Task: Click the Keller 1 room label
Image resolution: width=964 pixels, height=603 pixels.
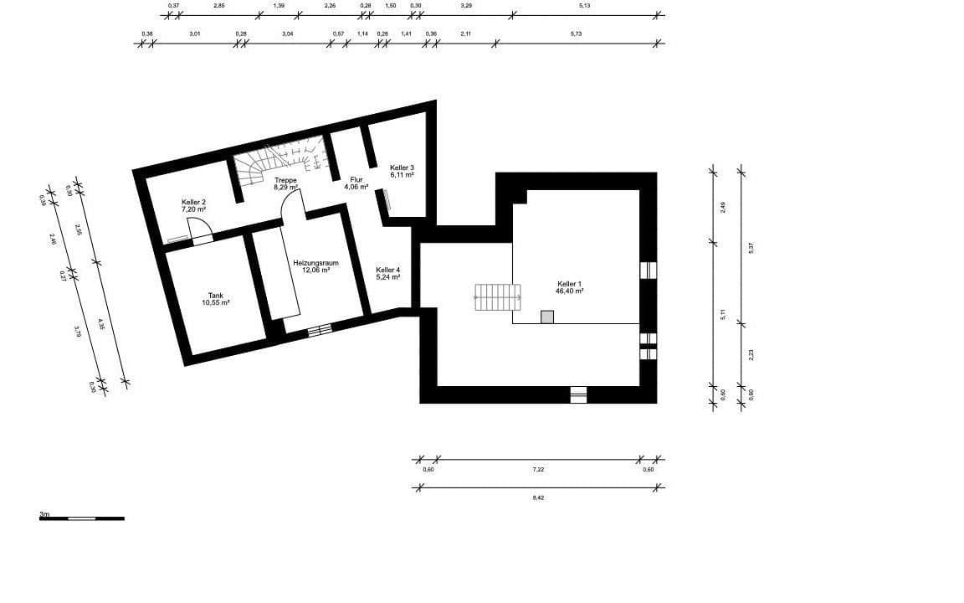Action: tap(570, 284)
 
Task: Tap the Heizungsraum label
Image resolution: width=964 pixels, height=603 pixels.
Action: tap(310, 262)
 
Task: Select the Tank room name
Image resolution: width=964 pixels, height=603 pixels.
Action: tap(215, 295)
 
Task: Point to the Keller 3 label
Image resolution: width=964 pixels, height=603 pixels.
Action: tap(402, 167)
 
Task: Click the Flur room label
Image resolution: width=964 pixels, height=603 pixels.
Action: tap(356, 179)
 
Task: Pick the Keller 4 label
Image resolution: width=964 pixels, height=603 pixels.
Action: tap(387, 269)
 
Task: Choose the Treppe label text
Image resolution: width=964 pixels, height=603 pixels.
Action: tap(285, 180)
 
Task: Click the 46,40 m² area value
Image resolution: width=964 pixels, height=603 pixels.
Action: tap(570, 291)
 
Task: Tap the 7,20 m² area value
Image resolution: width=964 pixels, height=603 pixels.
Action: tap(194, 209)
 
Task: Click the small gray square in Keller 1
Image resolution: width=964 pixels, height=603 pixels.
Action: tap(547, 317)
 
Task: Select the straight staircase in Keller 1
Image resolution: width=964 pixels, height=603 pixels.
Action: tap(498, 297)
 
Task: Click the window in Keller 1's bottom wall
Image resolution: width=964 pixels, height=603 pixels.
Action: tap(578, 394)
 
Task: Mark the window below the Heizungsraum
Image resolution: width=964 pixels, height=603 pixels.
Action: tap(319, 331)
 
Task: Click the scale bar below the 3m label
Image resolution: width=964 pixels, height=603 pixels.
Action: tap(81, 518)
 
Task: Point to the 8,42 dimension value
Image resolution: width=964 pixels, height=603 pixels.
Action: tap(538, 497)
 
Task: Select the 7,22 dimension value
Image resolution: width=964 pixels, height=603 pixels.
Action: tap(538, 470)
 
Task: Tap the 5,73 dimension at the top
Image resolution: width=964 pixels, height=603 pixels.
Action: tap(576, 33)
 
